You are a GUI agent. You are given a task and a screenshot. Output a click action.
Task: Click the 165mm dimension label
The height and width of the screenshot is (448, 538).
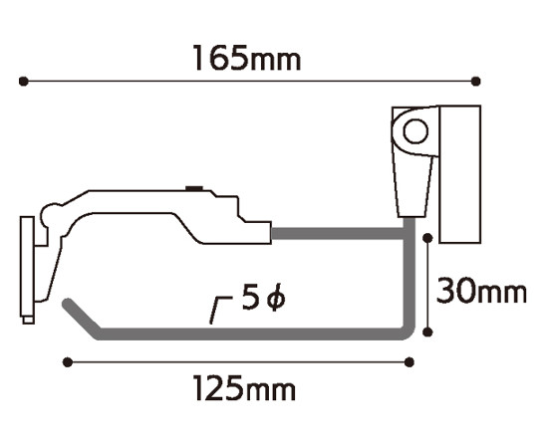247,58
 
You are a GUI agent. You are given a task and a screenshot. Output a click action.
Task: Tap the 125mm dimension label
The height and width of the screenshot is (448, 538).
244,388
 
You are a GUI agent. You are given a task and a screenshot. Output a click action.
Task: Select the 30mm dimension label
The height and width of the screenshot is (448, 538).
481,291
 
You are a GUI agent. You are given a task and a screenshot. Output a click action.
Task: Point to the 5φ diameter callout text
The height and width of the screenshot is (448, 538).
263,297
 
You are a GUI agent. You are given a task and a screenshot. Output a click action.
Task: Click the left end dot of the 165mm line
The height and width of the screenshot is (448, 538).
23,82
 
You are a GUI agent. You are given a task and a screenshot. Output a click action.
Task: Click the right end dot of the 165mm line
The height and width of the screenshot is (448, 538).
476,82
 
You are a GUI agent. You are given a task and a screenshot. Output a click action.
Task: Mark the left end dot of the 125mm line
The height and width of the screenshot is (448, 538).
68,362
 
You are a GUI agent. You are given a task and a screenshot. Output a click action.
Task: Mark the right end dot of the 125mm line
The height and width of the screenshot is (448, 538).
409,362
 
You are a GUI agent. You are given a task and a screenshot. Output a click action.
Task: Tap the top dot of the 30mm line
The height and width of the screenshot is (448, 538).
427,238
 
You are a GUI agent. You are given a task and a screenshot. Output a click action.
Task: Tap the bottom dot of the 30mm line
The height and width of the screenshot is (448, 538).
427,332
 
